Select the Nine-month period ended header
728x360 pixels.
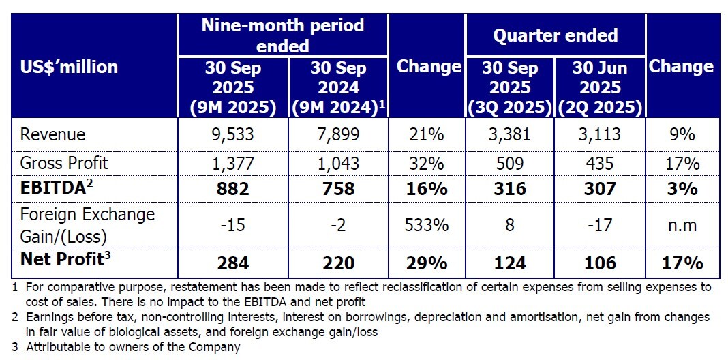click(282, 35)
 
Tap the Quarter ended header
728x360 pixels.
click(556, 35)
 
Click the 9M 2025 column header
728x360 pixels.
click(233, 87)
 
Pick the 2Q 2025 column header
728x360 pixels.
click(600, 87)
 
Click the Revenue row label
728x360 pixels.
click(53, 134)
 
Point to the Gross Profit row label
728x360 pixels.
click(64, 164)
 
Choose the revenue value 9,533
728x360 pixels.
click(233, 134)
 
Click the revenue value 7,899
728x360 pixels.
click(339, 134)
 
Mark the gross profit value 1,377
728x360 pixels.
click(233, 164)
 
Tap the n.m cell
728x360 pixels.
click(681, 224)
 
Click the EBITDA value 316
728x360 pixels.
click(511, 189)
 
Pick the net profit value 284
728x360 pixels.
click(233, 262)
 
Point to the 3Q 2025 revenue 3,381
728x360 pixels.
click(511, 134)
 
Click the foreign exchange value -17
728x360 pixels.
click(600, 224)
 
